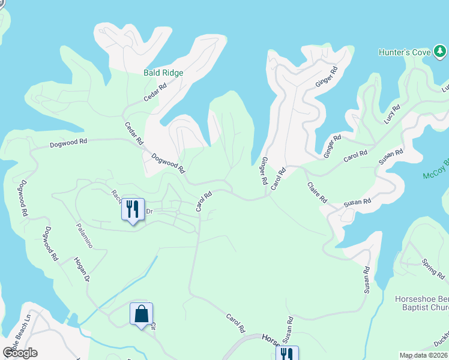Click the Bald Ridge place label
[163, 73]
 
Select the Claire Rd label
[317, 192]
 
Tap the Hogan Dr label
[82, 269]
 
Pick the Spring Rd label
[432, 267]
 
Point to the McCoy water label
[436, 169]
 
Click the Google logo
[20, 353]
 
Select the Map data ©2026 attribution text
[424, 355]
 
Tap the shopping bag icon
[142, 314]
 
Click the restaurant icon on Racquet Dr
[133, 209]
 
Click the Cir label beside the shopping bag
[153, 328]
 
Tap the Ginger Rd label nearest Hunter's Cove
[327, 77]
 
